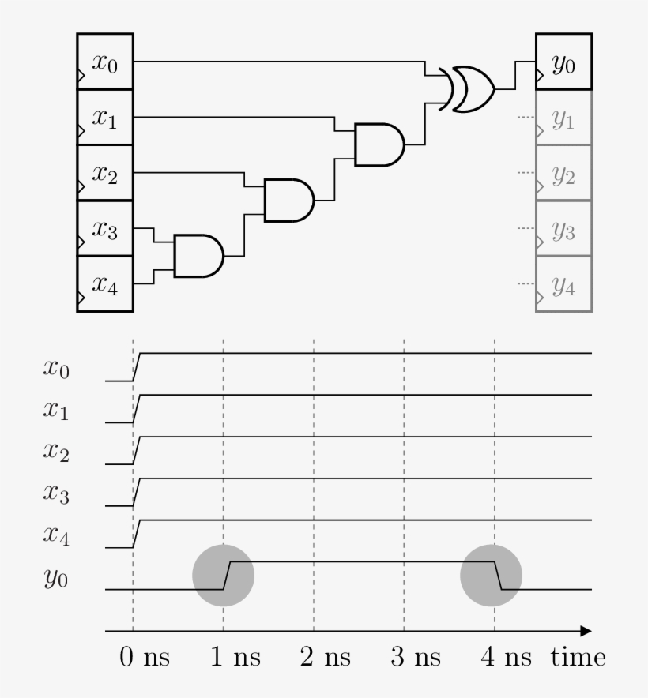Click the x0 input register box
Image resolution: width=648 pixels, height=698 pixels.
click(x=105, y=62)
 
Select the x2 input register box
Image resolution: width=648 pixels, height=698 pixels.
click(x=105, y=173)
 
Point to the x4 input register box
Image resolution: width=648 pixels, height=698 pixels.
click(x=105, y=284)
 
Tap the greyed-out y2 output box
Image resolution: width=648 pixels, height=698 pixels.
click(x=563, y=173)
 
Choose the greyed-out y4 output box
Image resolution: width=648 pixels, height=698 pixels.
click(x=563, y=284)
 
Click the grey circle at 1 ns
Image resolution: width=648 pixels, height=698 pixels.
click(x=224, y=576)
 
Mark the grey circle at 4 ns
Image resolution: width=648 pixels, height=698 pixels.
click(x=492, y=576)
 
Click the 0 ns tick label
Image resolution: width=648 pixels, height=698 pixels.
click(x=145, y=657)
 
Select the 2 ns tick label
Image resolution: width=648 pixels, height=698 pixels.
click(x=326, y=657)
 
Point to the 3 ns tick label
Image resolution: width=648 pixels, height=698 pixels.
click(x=416, y=657)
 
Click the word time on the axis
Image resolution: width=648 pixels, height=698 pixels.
click(x=579, y=657)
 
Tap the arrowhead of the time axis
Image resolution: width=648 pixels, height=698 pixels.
click(x=586, y=631)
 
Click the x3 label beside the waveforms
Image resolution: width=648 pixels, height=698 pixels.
click(x=55, y=494)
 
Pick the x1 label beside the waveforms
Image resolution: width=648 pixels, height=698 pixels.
click(x=55, y=411)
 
